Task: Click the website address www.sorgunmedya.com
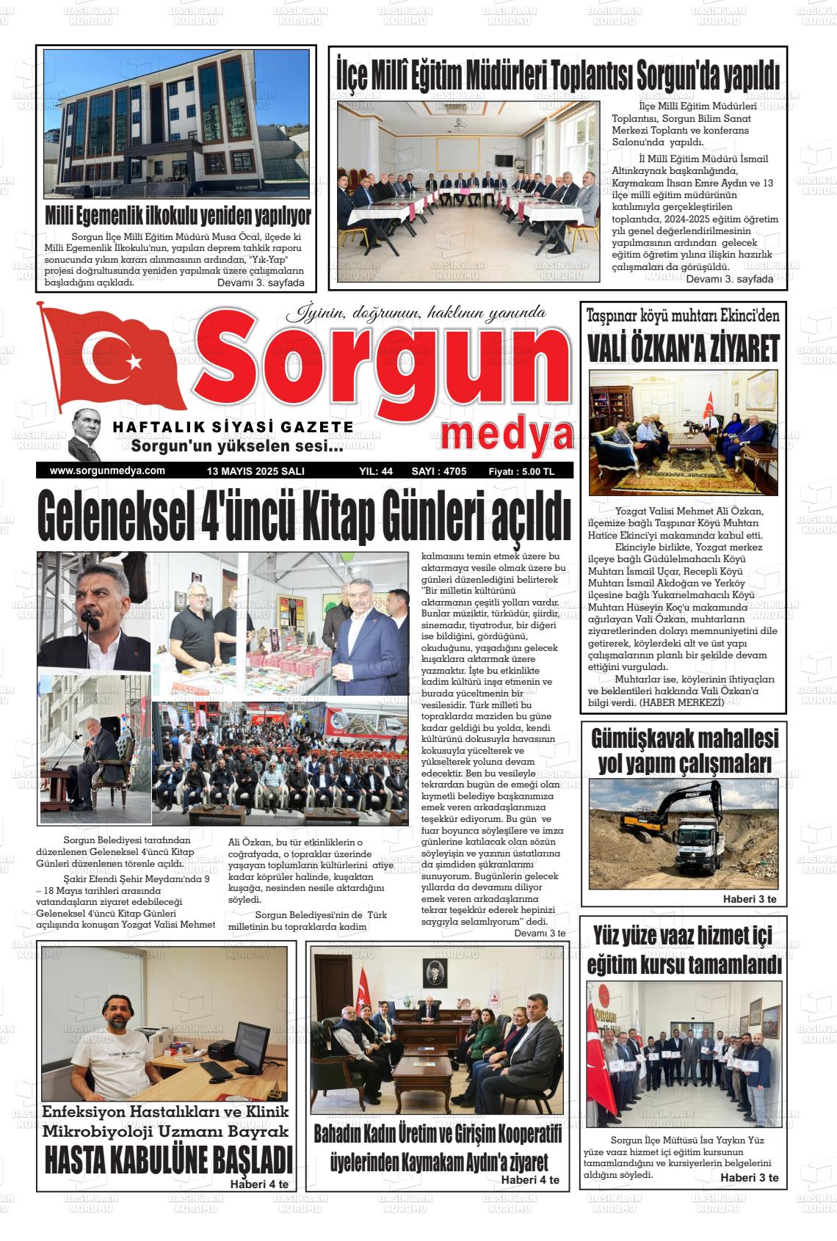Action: coord(107,471)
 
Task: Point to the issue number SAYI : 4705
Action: coord(439,471)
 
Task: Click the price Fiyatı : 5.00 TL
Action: coord(521,471)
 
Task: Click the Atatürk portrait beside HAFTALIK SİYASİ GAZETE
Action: coord(86,435)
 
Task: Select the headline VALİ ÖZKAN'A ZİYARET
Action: coord(683,351)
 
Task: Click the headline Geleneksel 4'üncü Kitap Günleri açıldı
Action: coord(304,518)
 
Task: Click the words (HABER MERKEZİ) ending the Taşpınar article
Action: coord(681,702)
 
